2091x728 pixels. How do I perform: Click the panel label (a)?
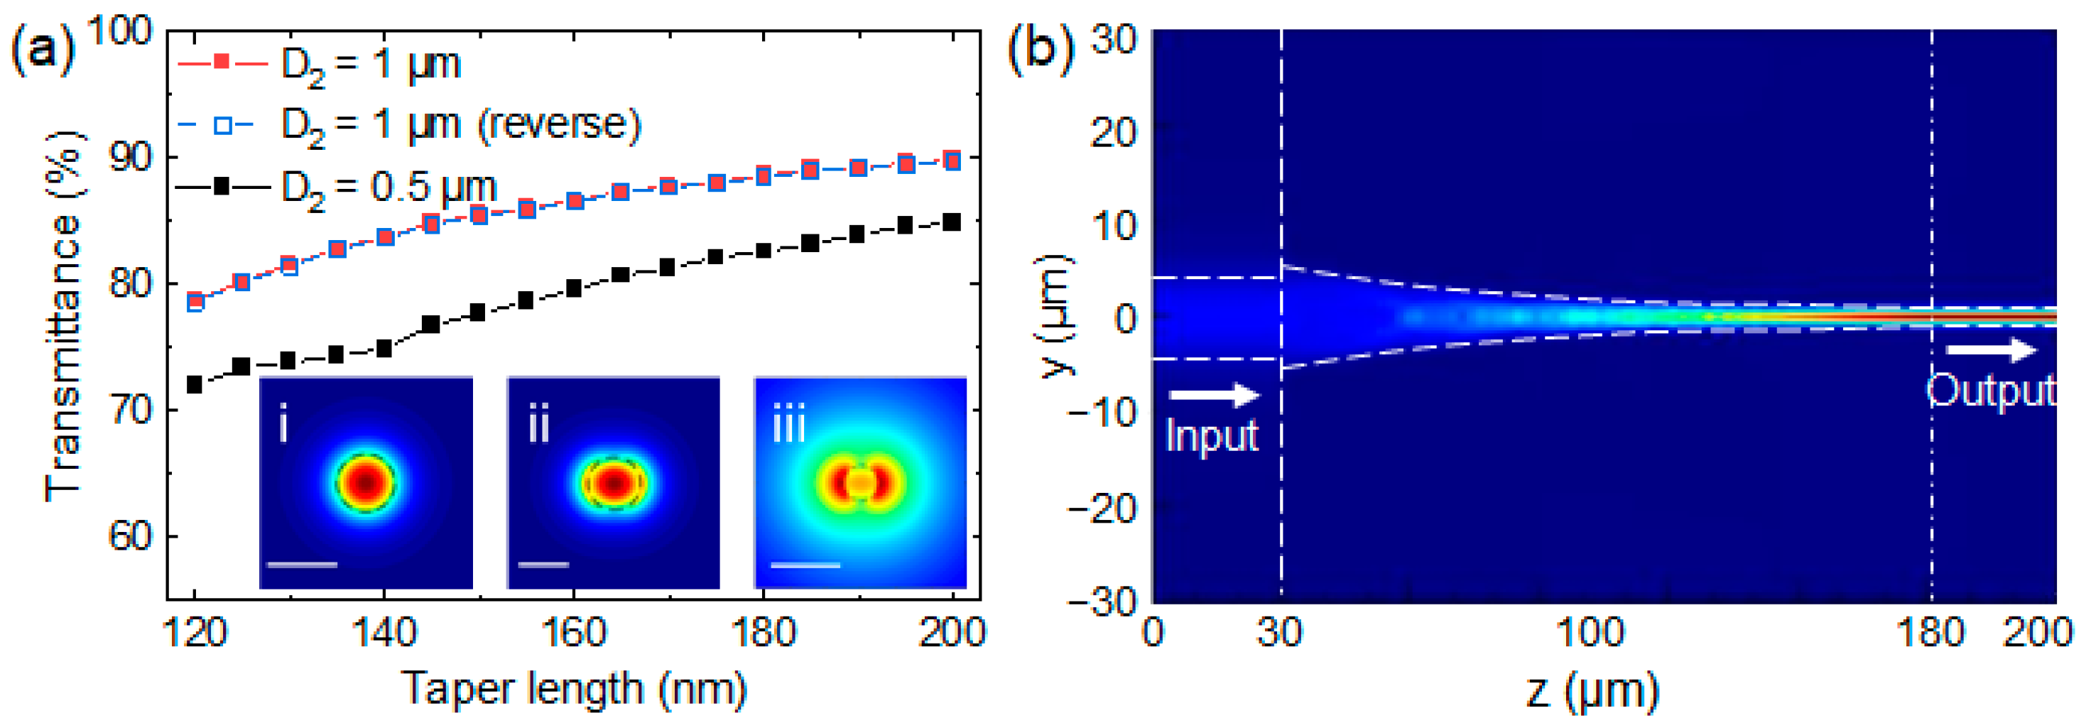pos(42,50)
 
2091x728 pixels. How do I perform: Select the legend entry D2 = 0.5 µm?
pos(388,188)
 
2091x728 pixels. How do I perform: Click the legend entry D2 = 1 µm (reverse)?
pos(460,125)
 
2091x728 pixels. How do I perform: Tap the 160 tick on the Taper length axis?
pos(573,631)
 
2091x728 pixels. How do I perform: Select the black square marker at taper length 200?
pos(953,222)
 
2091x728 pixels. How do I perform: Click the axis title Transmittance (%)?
pos(64,317)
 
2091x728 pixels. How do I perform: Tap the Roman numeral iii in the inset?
pos(788,425)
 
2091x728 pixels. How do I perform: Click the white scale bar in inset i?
pos(301,564)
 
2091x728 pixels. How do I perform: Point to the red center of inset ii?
pos(614,483)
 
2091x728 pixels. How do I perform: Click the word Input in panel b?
pos(1211,436)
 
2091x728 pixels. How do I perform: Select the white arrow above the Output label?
pos(1991,351)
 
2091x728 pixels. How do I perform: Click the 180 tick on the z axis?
pos(1930,631)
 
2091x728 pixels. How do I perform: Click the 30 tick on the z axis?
pos(1280,631)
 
